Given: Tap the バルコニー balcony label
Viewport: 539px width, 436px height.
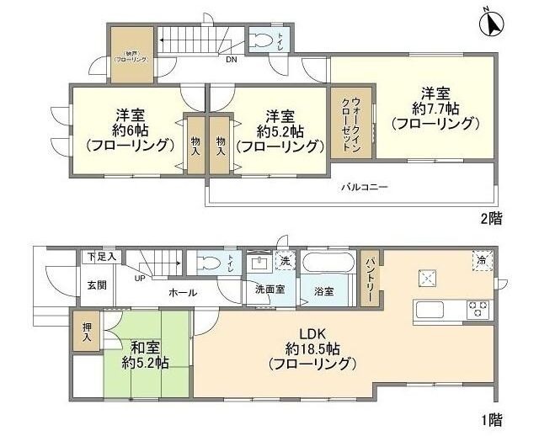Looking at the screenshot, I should pyautogui.click(x=365, y=188).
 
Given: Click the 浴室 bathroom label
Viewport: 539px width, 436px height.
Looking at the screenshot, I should pyautogui.click(x=323, y=291).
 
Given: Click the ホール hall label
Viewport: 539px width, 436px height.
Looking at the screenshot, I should pyautogui.click(x=183, y=293).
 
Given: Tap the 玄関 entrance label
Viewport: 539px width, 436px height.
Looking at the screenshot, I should pyautogui.click(x=97, y=284).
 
